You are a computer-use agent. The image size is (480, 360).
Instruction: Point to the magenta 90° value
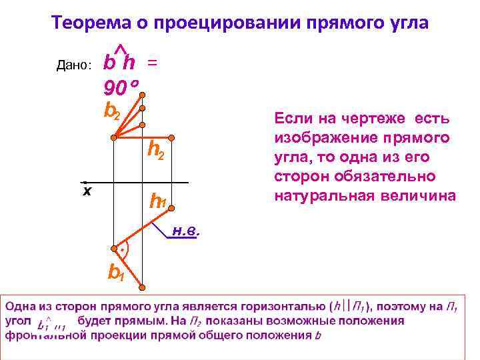pos(121,87)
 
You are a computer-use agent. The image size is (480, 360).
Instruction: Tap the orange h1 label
pos(157,201)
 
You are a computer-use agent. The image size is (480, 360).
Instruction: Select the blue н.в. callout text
pos(186,232)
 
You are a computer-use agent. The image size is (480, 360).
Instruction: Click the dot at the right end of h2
pos(171,137)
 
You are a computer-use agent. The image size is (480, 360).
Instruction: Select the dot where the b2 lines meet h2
pos(114,137)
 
